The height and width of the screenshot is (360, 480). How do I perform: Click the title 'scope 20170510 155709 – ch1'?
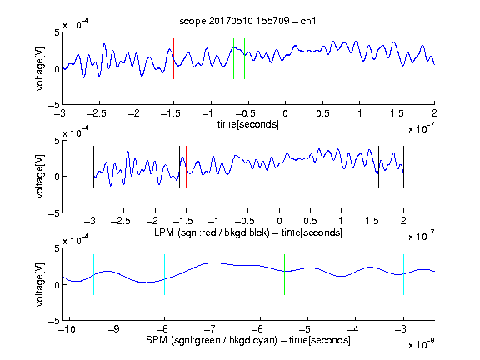[247, 21]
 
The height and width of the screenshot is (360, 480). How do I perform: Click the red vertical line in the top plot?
[174, 59]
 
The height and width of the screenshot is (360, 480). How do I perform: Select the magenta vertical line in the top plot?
[397, 59]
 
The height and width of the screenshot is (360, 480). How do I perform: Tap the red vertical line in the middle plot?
[186, 167]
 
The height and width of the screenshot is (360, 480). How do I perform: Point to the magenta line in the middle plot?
[372, 167]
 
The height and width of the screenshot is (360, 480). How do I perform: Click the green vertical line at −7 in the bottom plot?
[212, 275]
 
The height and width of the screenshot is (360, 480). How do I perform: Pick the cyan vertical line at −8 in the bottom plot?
[165, 275]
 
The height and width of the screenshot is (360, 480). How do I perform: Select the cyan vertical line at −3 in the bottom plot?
[404, 275]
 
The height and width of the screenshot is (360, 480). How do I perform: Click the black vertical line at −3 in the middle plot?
[93, 167]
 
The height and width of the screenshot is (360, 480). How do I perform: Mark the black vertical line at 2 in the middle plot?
[404, 167]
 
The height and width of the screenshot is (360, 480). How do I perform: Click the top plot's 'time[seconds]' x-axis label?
[248, 124]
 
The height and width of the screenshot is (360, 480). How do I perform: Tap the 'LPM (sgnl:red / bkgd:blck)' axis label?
[212, 232]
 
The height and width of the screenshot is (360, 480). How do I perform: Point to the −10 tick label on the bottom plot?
[67, 329]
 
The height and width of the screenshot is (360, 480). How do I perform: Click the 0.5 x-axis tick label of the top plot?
[322, 113]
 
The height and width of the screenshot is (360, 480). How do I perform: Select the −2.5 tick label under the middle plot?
[121, 221]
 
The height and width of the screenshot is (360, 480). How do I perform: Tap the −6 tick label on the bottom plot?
[257, 329]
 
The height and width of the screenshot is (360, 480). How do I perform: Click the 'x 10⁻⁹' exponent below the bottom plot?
[421, 344]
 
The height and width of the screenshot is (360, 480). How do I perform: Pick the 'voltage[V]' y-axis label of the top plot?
[40, 68]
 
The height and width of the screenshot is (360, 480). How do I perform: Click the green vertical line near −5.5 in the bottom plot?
[284, 275]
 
